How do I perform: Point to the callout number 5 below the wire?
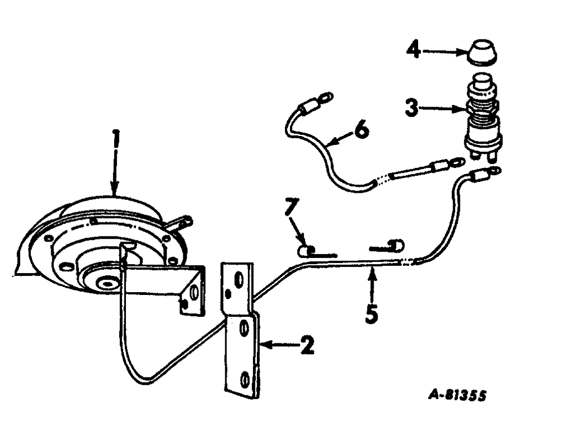[371, 313]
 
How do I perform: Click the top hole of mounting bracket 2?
[238, 279]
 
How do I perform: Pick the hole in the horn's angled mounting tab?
[194, 293]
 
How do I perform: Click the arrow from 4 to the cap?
[444, 52]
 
